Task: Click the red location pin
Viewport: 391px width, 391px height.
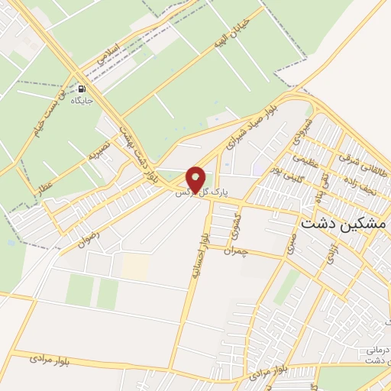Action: (196, 179)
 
